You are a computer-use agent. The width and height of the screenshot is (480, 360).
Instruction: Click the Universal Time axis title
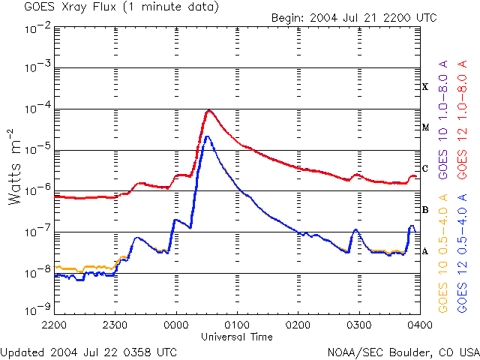click(236, 337)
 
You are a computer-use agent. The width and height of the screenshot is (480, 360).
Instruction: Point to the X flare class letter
click(425, 87)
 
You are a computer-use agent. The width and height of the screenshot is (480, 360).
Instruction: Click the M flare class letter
click(425, 127)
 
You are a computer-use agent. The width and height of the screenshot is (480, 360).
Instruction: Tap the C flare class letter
click(425, 169)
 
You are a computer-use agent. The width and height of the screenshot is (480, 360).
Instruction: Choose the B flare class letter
click(425, 210)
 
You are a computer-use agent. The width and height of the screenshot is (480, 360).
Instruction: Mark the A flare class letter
click(425, 251)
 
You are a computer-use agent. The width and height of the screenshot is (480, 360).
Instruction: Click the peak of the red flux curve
click(208, 110)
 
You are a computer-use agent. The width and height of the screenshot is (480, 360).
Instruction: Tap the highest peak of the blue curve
click(207, 136)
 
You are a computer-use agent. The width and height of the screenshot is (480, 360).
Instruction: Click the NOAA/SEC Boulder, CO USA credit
click(403, 352)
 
